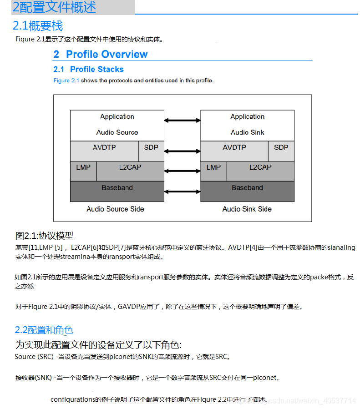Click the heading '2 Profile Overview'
[x=100, y=55]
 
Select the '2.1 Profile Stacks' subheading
[x=89, y=69]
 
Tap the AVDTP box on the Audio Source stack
[x=105, y=147]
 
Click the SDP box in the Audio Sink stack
[x=281, y=147]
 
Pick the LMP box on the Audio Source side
[x=83, y=167]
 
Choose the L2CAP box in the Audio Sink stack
[x=260, y=167]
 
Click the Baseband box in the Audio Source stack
[x=117, y=188]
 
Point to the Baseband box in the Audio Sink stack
[x=247, y=188]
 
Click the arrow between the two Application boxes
[x=182, y=120]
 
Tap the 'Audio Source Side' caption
[x=115, y=209]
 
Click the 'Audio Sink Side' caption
[x=247, y=209]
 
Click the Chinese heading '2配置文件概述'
[x=54, y=7]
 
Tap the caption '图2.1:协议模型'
[x=44, y=236]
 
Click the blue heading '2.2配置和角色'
[x=44, y=330]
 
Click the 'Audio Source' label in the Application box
[x=117, y=132]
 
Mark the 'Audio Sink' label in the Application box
[x=247, y=132]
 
